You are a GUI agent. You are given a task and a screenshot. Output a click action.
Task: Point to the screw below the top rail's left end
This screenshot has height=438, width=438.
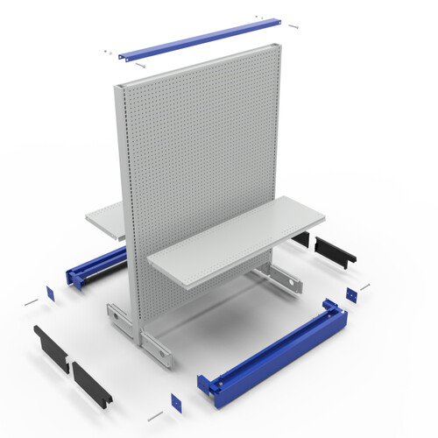(x=140, y=65)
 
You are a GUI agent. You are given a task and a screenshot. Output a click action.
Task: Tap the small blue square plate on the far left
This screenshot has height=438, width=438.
(x=50, y=293)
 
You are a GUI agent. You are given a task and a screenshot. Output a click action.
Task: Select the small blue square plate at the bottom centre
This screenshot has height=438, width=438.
(x=175, y=401)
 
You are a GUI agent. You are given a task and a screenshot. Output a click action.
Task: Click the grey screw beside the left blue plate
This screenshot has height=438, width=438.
(x=32, y=301)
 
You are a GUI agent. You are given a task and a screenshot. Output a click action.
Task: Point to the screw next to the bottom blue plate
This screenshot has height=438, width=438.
(x=156, y=413)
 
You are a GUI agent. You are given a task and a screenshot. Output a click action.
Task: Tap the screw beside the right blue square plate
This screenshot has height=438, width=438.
(x=364, y=286)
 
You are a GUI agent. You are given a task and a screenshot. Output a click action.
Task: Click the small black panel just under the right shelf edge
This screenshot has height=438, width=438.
(x=301, y=238)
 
